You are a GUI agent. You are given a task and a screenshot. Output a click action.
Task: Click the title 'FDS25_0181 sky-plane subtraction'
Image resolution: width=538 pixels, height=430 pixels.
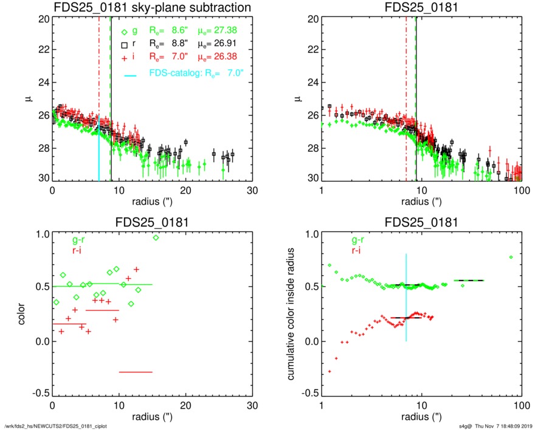tap(152, 8)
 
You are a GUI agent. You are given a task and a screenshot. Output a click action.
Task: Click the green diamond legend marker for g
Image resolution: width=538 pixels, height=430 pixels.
tap(124, 32)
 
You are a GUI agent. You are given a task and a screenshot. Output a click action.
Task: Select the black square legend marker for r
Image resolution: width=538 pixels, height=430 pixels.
tap(124, 44)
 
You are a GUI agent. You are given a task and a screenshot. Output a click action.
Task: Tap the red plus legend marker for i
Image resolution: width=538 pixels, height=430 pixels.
tap(124, 56)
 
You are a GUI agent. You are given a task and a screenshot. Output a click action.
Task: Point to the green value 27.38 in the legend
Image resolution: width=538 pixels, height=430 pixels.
tap(236, 32)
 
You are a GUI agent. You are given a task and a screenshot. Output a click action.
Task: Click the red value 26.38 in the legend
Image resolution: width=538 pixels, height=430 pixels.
tap(236, 56)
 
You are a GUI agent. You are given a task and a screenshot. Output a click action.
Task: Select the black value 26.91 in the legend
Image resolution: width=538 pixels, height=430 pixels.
tap(236, 44)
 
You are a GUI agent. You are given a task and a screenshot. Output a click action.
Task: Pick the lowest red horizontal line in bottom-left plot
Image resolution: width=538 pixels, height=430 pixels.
tap(136, 372)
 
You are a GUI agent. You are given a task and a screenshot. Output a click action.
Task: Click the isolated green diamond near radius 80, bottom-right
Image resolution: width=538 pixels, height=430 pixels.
tap(511, 258)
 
